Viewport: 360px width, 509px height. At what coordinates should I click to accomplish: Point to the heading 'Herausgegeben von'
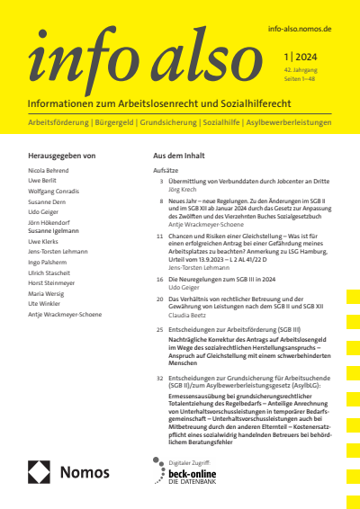click(62, 156)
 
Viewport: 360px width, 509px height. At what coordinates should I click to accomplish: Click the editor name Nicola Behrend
click(49, 169)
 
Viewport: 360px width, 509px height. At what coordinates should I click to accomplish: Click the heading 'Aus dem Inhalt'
click(180, 156)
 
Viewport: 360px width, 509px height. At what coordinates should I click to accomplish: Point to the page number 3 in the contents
click(160, 181)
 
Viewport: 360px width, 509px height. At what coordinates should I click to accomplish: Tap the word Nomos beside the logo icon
click(85, 472)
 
